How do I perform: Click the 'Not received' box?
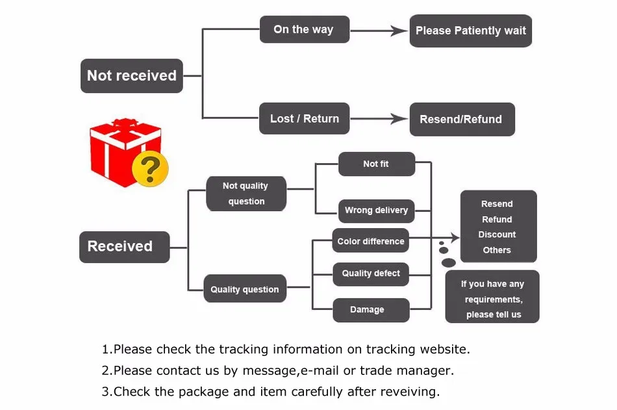[x=131, y=76]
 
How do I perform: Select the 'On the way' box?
[x=304, y=30]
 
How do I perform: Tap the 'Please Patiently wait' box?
[x=470, y=31]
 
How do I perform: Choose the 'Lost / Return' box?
[x=304, y=119]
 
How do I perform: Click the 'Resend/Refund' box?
[x=461, y=120]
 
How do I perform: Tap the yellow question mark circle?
[x=150, y=169]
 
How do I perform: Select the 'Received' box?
[x=124, y=247]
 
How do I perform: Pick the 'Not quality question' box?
[x=246, y=194]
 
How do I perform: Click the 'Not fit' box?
[x=376, y=164]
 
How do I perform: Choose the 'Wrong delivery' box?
[x=376, y=211]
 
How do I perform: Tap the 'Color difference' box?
[x=370, y=241]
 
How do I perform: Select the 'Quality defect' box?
[x=370, y=274]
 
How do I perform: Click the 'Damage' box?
[x=370, y=310]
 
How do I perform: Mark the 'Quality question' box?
[x=245, y=289]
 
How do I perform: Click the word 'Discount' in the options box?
[x=497, y=235]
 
